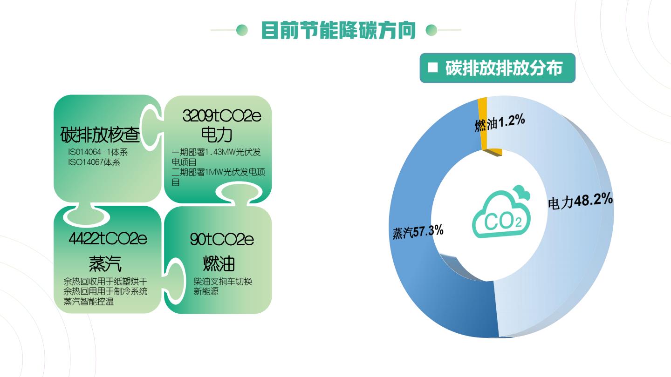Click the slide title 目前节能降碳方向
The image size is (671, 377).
tap(338, 30)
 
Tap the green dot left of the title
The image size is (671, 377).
tap(242, 30)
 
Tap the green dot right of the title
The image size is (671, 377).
tap(431, 30)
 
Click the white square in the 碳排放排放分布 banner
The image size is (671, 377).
tap(432, 67)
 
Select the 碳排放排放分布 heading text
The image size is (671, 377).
tap(504, 68)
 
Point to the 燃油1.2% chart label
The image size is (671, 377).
tap(500, 123)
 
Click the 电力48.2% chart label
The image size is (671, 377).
tap(580, 201)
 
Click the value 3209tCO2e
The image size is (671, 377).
tap(222, 116)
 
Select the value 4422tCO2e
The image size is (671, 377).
tap(108, 238)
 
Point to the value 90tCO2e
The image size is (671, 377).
tap(222, 239)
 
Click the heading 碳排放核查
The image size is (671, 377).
tap(100, 135)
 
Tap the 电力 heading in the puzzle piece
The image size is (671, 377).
tap(217, 135)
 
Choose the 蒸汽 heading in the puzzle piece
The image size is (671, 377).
tap(105, 263)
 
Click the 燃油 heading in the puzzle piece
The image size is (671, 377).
tap(219, 263)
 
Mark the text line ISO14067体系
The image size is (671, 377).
tap(94, 162)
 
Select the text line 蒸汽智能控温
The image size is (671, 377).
tap(89, 301)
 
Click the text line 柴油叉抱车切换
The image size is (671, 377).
tap(223, 281)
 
